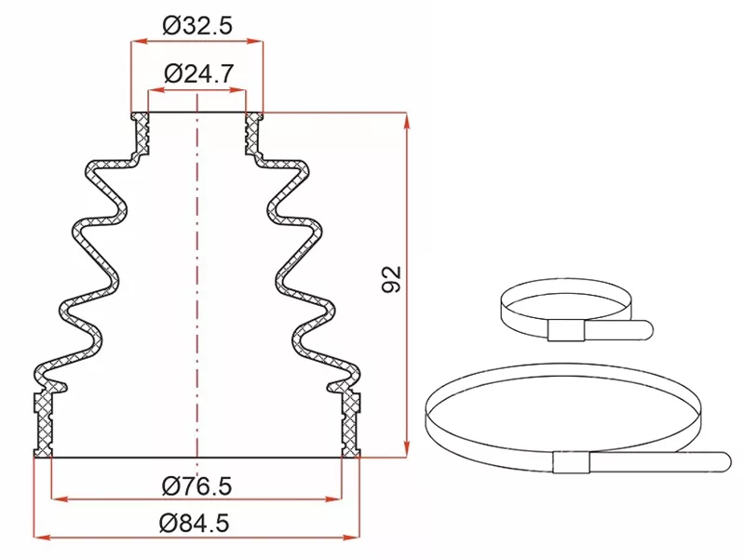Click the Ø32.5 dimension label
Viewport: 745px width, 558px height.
197,25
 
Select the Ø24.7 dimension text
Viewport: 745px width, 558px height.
199,73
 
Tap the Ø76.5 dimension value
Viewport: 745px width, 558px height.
196,485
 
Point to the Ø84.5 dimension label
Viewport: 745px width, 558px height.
195,523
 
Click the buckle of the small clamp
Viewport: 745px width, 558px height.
565,330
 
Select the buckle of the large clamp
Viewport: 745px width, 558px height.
572,462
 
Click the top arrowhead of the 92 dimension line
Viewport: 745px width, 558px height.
407,121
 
